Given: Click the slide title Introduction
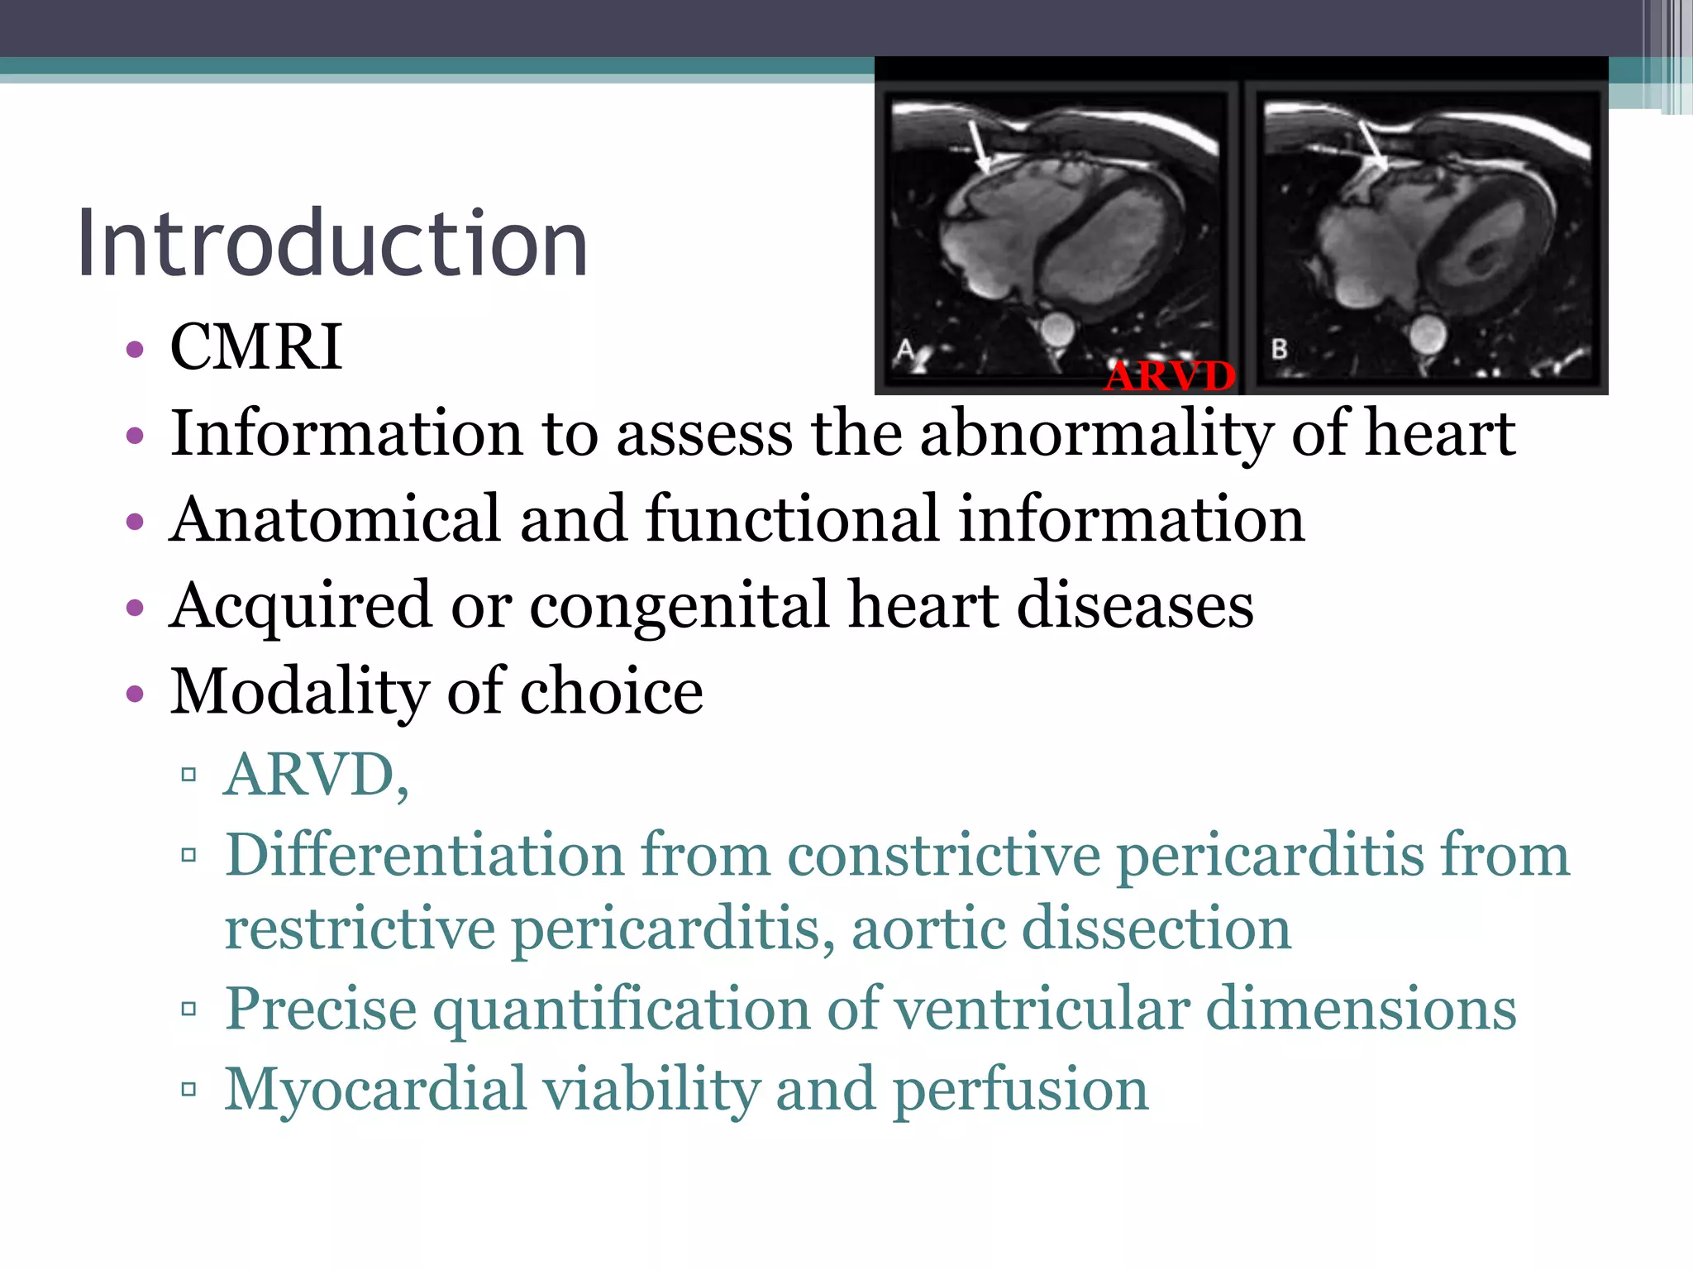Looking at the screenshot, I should pos(332,244).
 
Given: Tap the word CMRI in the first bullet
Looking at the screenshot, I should pos(255,346).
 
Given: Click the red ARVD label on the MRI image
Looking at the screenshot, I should pos(1170,376).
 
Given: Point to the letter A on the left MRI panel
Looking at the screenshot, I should pos(905,350).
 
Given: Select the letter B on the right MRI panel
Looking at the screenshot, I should pos(1279,349).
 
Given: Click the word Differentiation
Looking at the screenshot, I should pos(424,854).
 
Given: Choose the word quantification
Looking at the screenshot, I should pos(622,1010).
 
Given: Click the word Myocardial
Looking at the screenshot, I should pos(375,1089).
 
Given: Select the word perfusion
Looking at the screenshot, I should pos(1021,1091).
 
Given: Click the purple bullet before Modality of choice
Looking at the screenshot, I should pos(135,693).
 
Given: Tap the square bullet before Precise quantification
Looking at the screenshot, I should pos(188,1009).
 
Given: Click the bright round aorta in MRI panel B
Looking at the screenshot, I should pos(1427,336).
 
